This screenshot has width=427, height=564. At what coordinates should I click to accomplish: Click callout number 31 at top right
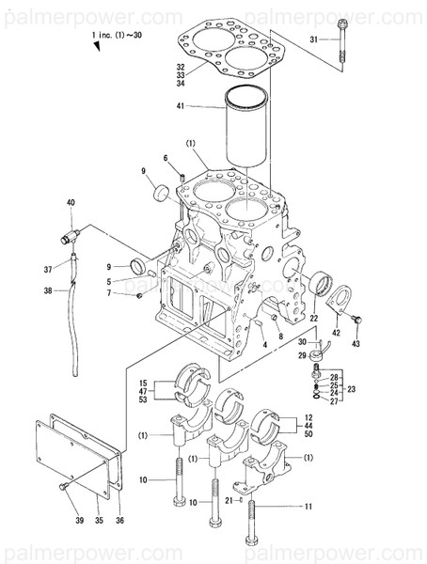pyautogui.click(x=314, y=39)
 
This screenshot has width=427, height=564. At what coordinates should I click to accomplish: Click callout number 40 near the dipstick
pyautogui.click(x=70, y=203)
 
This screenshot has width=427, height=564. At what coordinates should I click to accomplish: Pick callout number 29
pyautogui.click(x=303, y=355)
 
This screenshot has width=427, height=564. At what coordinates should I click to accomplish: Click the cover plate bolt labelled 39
pyautogui.click(x=64, y=486)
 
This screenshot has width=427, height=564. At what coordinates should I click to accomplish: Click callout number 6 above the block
pyautogui.click(x=166, y=158)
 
